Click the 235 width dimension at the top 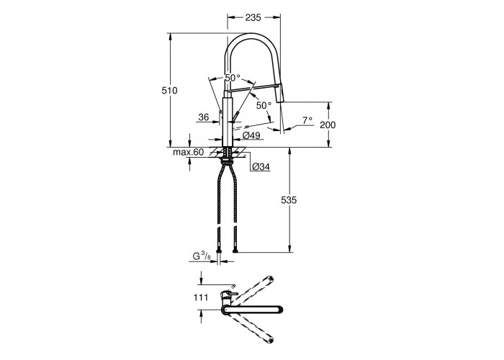[253, 18]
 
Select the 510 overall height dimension [169, 91]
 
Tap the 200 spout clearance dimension [328, 125]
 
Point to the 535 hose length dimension [289, 200]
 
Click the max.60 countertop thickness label [189, 153]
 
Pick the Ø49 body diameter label [251, 135]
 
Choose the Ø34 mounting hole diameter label [261, 167]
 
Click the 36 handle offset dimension [204, 117]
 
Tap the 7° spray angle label [307, 120]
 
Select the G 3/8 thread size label [202, 256]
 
